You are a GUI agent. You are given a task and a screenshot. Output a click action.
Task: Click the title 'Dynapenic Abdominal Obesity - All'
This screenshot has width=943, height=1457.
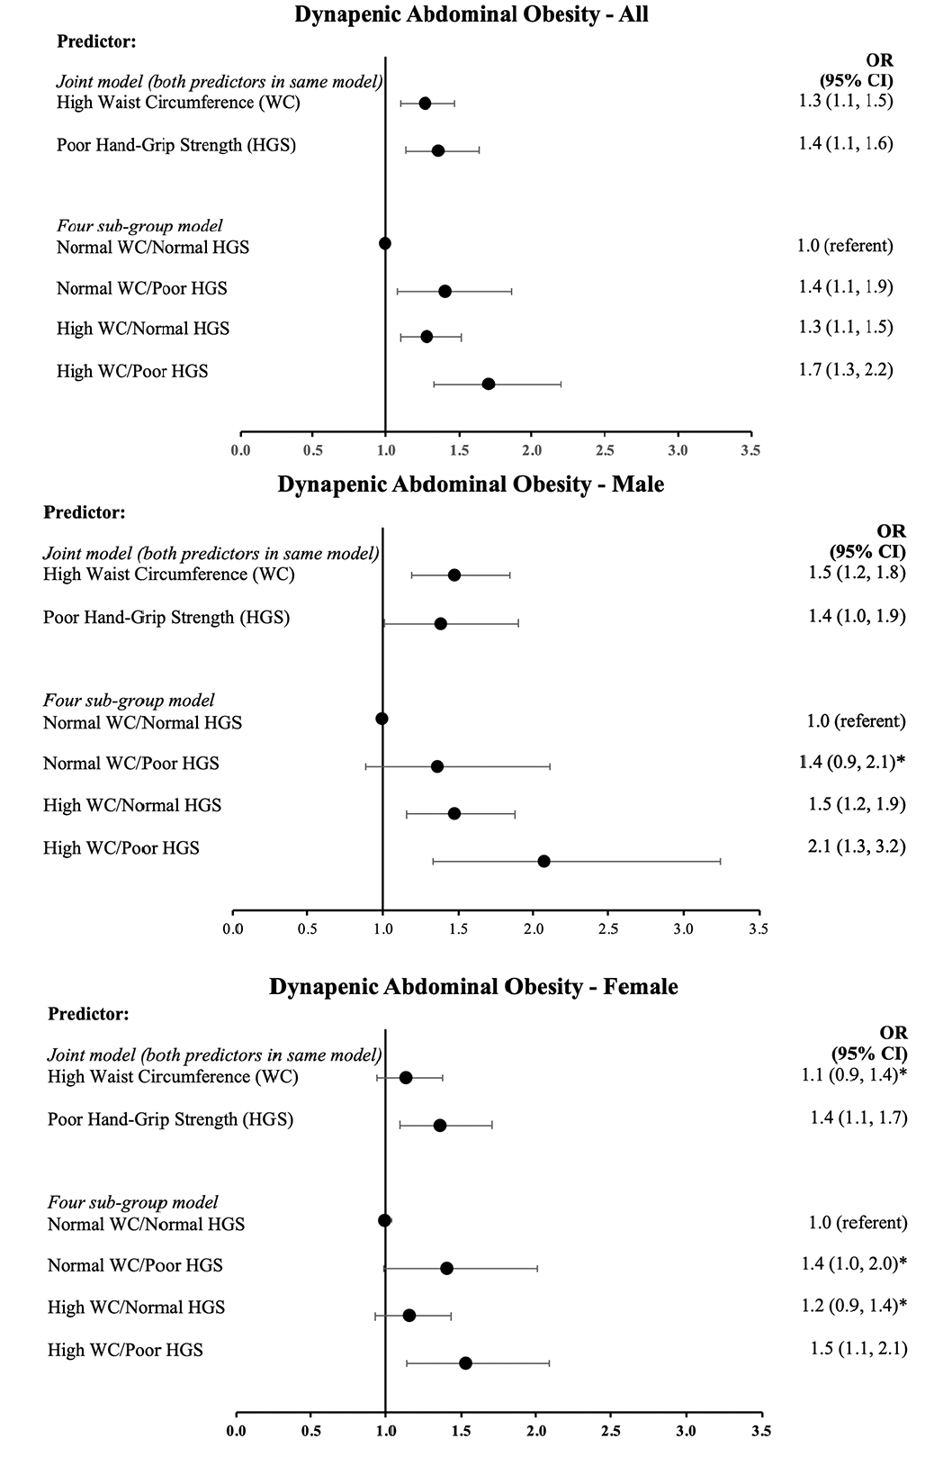[x=471, y=14]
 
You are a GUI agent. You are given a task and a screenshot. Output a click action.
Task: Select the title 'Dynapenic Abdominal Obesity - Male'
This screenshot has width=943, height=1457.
[x=471, y=484]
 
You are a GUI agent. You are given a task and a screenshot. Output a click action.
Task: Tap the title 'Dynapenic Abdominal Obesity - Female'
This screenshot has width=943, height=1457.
[x=474, y=986]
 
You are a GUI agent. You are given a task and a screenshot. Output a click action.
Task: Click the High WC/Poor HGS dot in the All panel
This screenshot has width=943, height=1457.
[x=489, y=384]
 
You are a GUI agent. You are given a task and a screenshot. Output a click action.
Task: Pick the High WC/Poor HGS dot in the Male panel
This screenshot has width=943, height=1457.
[x=544, y=861]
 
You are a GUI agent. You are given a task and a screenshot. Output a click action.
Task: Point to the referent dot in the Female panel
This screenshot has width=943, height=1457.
[x=385, y=1220]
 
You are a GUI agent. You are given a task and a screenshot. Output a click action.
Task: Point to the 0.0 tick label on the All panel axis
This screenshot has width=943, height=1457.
[x=240, y=450]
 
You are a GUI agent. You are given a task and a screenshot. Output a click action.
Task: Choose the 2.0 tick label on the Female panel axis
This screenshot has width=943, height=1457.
[x=536, y=1431]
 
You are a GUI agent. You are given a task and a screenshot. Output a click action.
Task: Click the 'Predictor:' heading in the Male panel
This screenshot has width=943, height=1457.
[x=85, y=512]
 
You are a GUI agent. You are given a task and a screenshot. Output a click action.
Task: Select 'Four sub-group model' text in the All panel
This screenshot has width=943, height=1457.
[x=139, y=226]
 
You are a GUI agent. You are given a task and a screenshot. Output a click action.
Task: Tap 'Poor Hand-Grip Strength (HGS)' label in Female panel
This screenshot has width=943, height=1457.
[x=171, y=1119]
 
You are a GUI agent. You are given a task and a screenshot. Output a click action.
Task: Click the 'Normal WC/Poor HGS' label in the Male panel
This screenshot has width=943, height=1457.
[x=131, y=763]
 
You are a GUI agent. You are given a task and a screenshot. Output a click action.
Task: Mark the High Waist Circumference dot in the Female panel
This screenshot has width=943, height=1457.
[x=406, y=1078]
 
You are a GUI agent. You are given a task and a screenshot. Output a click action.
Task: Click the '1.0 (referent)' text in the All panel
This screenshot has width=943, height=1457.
[x=846, y=246]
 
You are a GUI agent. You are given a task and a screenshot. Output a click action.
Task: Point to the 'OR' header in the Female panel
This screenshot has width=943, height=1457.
[x=894, y=1033]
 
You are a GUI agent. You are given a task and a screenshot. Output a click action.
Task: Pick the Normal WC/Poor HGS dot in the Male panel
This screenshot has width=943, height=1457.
[x=436, y=766]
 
